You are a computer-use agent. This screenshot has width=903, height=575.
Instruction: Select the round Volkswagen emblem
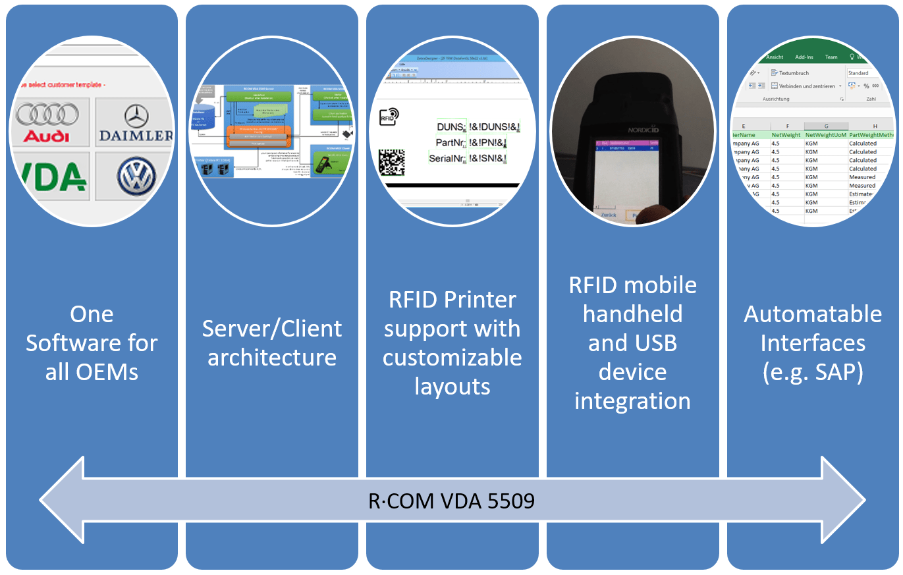136,177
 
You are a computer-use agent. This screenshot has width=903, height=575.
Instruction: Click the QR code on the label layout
391,163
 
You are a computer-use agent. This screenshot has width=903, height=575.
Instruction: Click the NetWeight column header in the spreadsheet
786,135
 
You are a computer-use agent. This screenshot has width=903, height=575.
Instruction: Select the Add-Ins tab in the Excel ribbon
804,57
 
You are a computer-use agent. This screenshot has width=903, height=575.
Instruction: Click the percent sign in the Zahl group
866,86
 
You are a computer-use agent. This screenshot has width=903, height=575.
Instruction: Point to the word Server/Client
272,329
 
